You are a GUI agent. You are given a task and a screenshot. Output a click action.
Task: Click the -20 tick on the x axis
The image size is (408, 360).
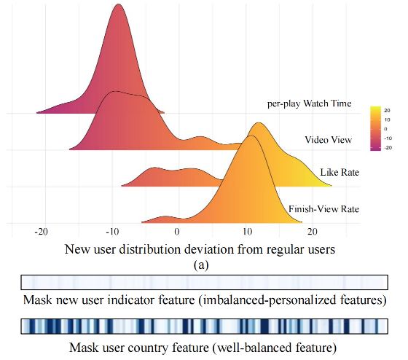coord(41,232)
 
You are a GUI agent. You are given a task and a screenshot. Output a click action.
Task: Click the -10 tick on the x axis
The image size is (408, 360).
coord(112,232)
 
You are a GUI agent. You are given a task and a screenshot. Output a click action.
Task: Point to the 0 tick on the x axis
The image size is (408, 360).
coord(177,232)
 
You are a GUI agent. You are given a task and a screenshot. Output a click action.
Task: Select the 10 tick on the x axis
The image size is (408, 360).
coord(248,232)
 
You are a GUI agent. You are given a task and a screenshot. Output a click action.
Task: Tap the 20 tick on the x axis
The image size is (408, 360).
coord(313,232)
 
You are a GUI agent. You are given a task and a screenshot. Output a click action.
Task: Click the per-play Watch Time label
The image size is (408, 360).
coord(310,103)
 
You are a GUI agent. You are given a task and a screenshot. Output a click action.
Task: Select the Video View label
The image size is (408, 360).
coord(329,140)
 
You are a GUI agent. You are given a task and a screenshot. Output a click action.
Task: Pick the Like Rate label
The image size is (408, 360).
coord(340,172)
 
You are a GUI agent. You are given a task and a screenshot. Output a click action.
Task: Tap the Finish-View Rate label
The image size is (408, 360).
coord(324,209)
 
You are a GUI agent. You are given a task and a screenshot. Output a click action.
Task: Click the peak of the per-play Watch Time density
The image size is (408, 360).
coord(118,4)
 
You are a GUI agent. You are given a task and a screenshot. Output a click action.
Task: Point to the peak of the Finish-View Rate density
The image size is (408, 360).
coord(251,136)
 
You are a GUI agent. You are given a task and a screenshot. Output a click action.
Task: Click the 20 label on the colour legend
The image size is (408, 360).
coord(387,110)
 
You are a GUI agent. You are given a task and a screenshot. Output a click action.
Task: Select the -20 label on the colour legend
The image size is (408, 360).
coord(388,148)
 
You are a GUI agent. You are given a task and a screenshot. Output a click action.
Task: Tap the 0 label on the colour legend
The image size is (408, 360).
coord(385,129)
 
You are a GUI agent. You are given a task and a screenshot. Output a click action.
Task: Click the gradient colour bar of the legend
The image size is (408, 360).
coord(375,128)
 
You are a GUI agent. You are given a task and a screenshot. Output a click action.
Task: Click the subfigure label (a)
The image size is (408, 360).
coord(201,265)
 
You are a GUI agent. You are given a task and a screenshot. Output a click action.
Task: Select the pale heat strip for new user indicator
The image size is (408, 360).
coord(205,282)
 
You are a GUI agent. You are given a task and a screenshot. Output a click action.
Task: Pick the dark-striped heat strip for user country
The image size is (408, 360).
coord(205,326)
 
